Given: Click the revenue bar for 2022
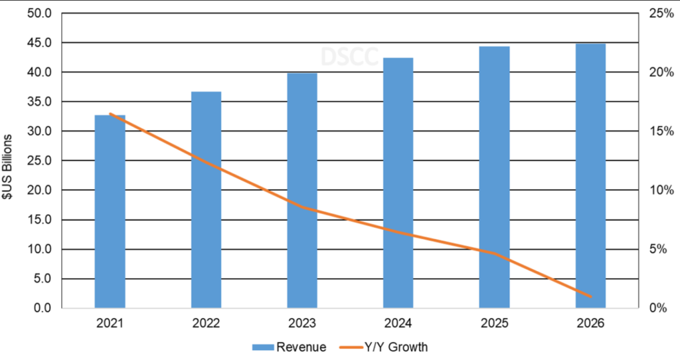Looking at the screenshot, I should [206, 199].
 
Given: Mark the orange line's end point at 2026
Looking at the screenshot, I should [590, 297].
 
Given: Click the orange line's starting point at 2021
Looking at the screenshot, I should [110, 114].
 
